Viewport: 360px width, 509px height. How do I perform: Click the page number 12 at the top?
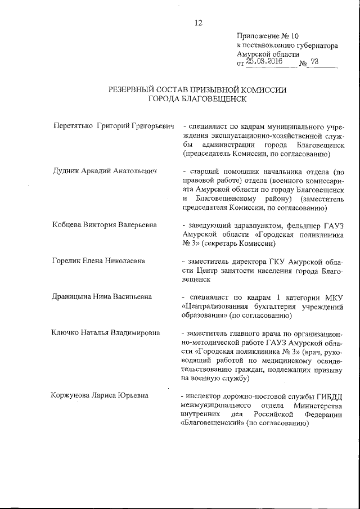(198, 23)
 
